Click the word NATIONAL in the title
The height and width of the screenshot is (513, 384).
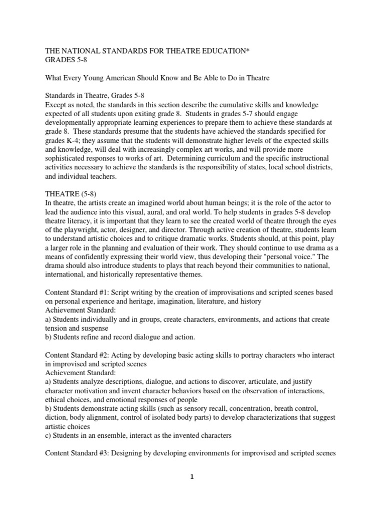(80, 51)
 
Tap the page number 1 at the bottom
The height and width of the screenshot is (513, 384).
(191, 492)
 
